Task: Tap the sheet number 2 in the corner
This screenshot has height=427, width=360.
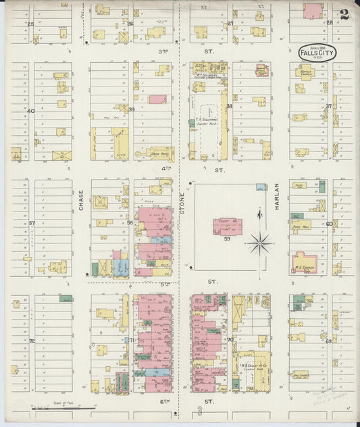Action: click(344, 15)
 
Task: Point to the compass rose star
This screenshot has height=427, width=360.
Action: click(261, 242)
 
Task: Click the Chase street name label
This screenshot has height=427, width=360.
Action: click(81, 199)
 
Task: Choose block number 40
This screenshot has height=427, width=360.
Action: click(31, 110)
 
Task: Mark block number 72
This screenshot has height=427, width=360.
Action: click(31, 341)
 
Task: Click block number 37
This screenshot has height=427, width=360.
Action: click(329, 106)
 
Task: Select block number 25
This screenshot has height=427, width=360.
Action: click(31, 24)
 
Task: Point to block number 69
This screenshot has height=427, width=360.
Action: click(329, 341)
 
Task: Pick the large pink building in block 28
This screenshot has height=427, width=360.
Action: click(313, 11)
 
